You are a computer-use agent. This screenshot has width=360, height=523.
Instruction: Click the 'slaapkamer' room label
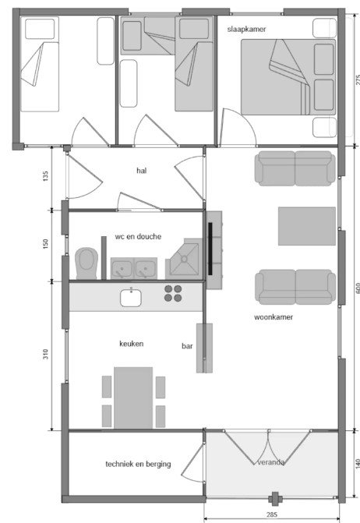(x=247, y=30)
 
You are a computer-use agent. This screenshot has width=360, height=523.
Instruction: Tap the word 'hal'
(x=141, y=171)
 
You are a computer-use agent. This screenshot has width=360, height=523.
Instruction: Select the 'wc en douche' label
(x=138, y=236)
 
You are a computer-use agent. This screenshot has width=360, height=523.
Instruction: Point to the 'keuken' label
(x=132, y=344)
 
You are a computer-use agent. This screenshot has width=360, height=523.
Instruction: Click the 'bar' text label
(x=187, y=346)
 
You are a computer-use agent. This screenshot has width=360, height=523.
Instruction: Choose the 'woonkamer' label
(x=274, y=317)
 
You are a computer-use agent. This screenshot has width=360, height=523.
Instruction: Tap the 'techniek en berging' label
(x=138, y=464)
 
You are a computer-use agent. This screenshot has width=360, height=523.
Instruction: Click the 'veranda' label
(x=270, y=462)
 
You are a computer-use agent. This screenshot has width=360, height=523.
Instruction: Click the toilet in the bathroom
(x=86, y=263)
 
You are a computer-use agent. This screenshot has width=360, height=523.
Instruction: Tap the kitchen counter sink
(x=131, y=298)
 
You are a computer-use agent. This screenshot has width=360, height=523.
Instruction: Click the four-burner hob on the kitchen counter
(x=173, y=294)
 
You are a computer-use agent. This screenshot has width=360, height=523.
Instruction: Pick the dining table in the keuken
(x=133, y=398)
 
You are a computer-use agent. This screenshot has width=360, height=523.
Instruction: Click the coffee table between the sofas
(x=307, y=226)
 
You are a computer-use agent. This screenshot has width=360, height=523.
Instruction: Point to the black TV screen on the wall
(x=210, y=249)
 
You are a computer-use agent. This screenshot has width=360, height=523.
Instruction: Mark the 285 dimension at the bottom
(x=272, y=514)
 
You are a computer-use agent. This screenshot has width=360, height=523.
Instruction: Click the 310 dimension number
(x=46, y=354)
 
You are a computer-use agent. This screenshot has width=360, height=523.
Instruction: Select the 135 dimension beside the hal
(x=46, y=176)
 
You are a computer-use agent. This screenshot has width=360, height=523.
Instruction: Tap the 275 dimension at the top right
(x=357, y=80)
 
